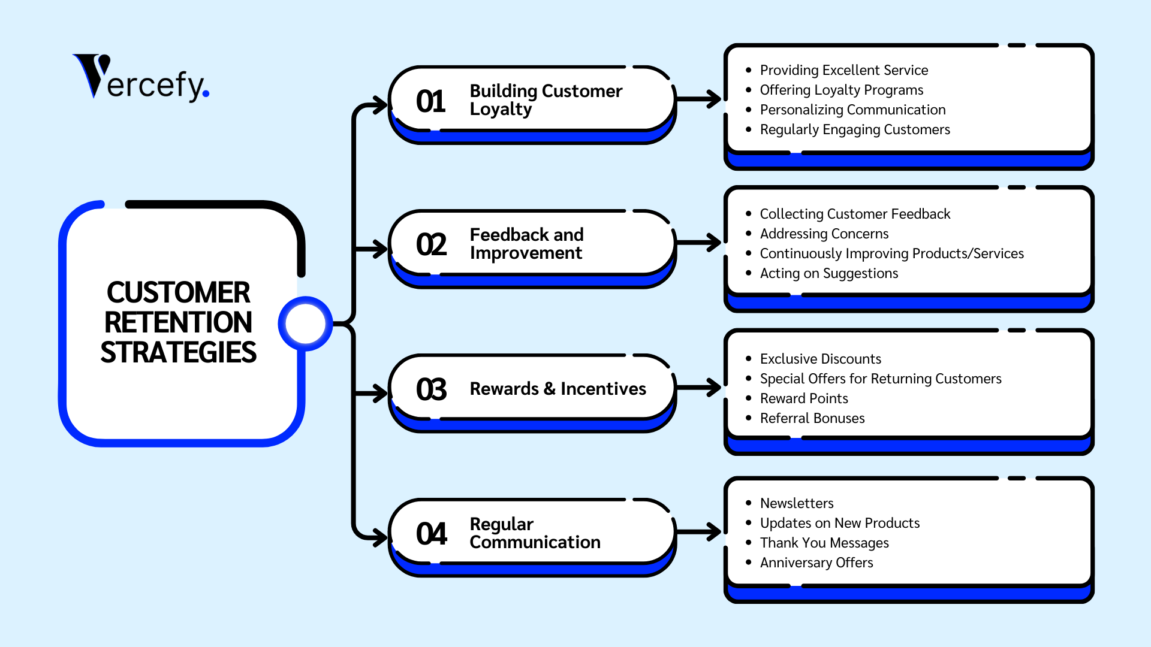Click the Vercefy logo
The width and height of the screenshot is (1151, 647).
point(141,77)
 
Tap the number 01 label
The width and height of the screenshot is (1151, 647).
point(430,101)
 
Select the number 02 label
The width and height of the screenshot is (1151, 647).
point(431,244)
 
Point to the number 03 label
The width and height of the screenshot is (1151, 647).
point(431,389)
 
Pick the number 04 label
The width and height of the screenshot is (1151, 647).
point(431,534)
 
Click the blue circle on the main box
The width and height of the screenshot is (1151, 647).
point(305,323)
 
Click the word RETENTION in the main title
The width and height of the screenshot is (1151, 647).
point(178,322)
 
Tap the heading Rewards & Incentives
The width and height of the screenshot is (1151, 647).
point(558,389)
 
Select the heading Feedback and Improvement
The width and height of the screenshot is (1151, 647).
point(526,244)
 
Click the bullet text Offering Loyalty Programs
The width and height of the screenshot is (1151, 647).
point(842,90)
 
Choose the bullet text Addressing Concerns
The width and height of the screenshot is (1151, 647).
point(824,234)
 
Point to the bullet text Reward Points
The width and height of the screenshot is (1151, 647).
point(804,398)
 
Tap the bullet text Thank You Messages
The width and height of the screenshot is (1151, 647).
point(824,543)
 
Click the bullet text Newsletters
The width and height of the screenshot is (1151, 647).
point(797,503)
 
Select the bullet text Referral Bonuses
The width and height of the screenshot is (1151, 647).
point(812,418)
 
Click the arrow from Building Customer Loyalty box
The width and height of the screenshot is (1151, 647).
point(699,99)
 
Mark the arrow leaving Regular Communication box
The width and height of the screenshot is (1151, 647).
point(699,531)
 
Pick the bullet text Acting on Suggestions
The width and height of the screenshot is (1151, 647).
point(829,273)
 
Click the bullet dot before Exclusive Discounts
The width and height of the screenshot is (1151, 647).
point(748,359)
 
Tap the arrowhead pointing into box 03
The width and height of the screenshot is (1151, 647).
point(381,394)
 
